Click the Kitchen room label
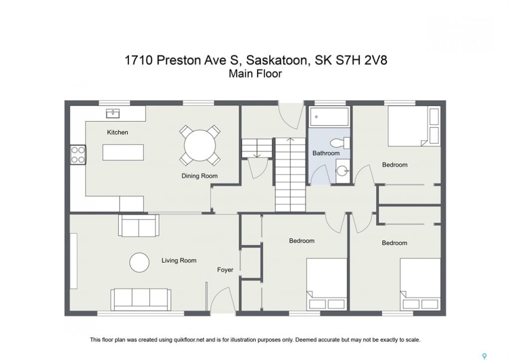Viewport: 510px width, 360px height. point(118,132)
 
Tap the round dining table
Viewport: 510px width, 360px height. point(200,145)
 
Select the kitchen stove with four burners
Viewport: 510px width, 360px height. point(78,154)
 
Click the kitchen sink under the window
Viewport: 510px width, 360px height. point(113,113)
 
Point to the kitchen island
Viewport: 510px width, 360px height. point(123,152)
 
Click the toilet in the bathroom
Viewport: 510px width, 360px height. point(340,142)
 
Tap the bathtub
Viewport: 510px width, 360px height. point(329,116)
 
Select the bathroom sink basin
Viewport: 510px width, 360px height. point(342,170)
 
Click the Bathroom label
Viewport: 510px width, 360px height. point(326,153)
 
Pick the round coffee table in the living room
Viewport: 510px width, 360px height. point(140,262)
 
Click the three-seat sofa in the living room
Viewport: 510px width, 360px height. point(141,299)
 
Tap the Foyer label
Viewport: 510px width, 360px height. point(225,269)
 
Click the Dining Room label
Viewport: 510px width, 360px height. point(199,176)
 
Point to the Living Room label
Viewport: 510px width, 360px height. point(179,260)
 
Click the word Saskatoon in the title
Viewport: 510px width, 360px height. point(276,60)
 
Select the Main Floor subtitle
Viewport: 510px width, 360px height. point(255,73)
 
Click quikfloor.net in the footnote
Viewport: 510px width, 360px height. point(189,340)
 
